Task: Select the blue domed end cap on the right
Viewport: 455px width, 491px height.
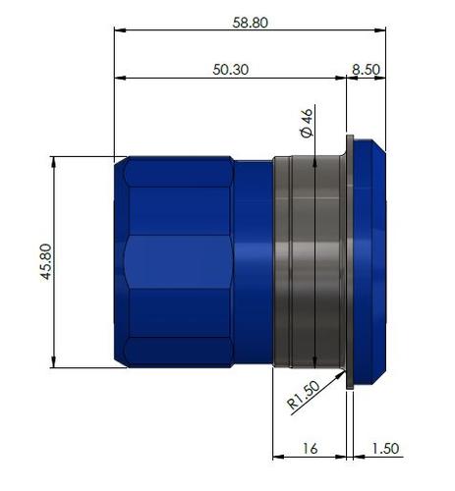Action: pos(368,261)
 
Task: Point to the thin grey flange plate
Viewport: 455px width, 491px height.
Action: pos(349,261)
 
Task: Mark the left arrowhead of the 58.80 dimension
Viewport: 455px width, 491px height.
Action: pos(120,30)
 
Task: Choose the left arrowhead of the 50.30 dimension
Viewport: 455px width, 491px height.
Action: pos(120,78)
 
